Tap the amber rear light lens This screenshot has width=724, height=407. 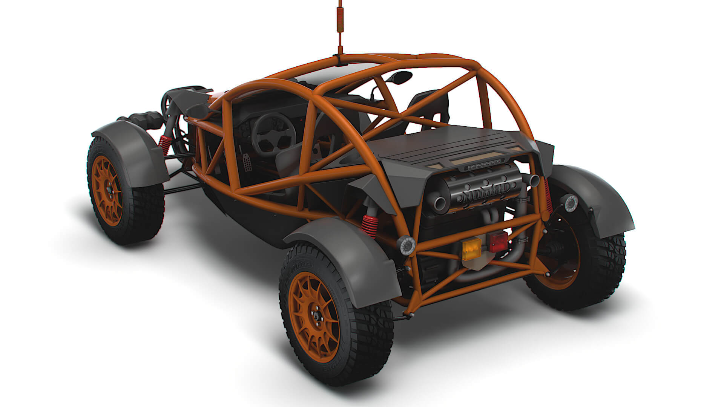click(x=472, y=249)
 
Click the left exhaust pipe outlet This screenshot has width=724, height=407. click(x=440, y=204)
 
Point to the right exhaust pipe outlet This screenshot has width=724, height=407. click(x=534, y=181)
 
